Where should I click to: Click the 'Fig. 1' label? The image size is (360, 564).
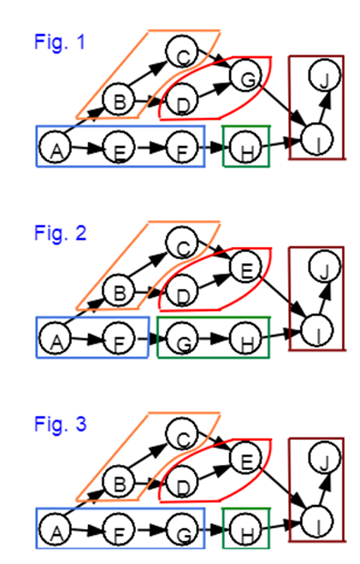pyautogui.click(x=59, y=40)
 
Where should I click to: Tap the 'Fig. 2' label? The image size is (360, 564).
pyautogui.click(x=59, y=232)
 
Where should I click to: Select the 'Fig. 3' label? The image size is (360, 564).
pyautogui.click(x=59, y=423)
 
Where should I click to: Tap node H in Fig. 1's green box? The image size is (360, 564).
pyautogui.click(x=246, y=152)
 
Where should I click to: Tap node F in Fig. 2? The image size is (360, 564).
pyautogui.click(x=118, y=343)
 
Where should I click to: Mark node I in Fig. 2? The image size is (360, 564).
pyautogui.click(x=316, y=330)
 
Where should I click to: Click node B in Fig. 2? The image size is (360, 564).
pyautogui.click(x=118, y=293)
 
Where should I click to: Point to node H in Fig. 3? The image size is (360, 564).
pyautogui.click(x=246, y=534)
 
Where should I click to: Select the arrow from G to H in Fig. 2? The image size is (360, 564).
pyautogui.click(x=214, y=343)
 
